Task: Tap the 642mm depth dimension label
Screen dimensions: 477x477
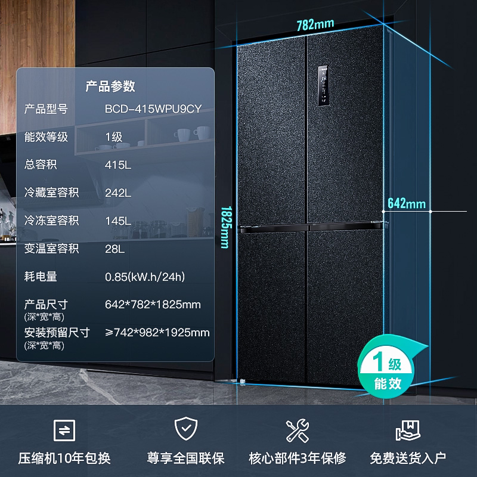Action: click(406, 203)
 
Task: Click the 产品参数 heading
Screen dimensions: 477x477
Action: click(110, 86)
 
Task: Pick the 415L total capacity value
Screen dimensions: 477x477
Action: click(118, 165)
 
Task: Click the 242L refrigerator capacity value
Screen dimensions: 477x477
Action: click(118, 193)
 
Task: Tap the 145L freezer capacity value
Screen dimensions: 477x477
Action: click(118, 221)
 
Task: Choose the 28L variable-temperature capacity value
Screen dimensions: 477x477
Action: click(115, 249)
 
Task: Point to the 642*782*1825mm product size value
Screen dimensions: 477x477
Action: click(153, 305)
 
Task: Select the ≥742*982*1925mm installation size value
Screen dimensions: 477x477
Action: click(157, 333)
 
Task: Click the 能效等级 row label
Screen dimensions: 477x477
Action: click(46, 137)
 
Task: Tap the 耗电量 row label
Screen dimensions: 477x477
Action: click(40, 277)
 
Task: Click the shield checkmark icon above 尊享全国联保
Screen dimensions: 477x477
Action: click(185, 429)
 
